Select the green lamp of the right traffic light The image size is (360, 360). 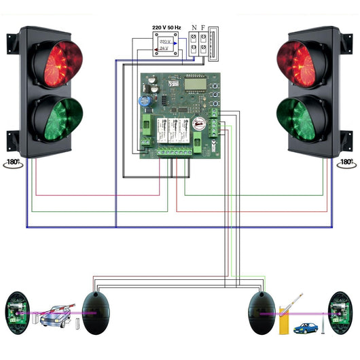pos(302,119)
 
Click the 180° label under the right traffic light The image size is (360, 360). pos(346,163)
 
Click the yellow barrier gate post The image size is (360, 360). pos(284,320)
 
